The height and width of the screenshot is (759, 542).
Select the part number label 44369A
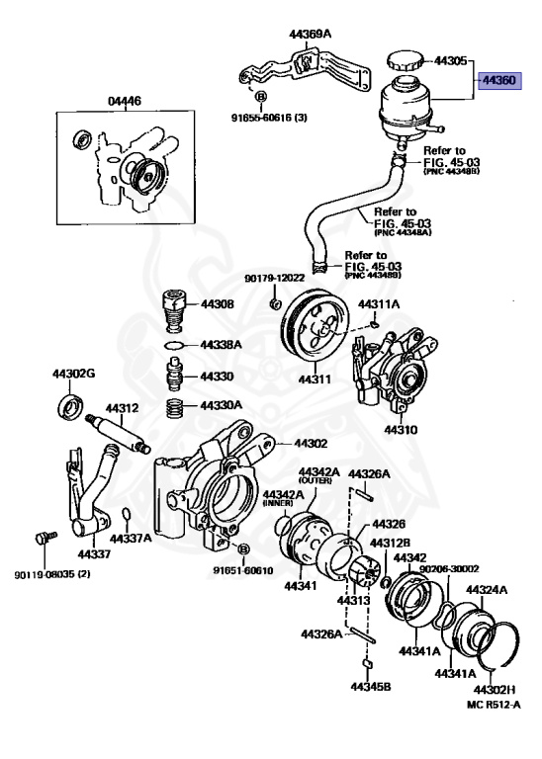pos(311,35)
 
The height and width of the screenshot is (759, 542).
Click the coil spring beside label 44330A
pos(174,405)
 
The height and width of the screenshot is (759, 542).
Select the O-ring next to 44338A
pos(173,345)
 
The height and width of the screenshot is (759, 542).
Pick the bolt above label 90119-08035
pos(42,540)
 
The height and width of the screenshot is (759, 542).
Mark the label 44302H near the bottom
pos(495,689)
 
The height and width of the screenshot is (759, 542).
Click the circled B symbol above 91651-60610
pos(244,548)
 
